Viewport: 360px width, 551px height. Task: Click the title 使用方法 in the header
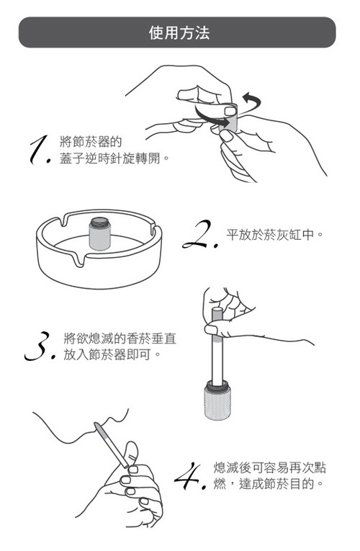click(x=179, y=32)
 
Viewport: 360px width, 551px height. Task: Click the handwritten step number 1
click(x=40, y=150)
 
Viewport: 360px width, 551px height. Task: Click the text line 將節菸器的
click(x=91, y=142)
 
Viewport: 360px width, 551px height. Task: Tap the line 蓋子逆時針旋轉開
click(x=114, y=158)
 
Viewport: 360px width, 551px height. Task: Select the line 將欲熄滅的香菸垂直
click(x=120, y=339)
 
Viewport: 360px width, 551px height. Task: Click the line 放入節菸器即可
click(x=112, y=354)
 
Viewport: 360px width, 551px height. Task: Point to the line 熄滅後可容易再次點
click(x=270, y=467)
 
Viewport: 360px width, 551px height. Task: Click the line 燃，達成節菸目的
click(x=268, y=484)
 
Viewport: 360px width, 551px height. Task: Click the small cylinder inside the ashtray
click(x=100, y=233)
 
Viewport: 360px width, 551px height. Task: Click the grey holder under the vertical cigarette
click(x=217, y=400)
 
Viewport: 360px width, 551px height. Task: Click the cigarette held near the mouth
click(x=112, y=446)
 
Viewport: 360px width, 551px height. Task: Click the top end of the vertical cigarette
click(x=216, y=309)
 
